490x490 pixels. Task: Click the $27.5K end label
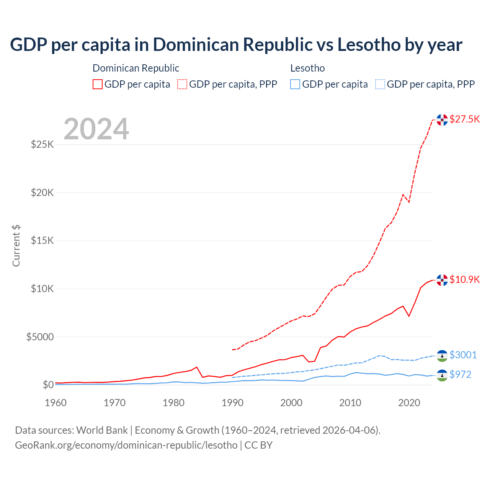464,119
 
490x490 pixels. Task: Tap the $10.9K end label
464,279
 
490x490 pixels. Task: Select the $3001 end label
463,355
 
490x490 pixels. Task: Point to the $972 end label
460,374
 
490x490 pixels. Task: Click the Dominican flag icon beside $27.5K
442,120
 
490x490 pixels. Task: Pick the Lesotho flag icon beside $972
442,375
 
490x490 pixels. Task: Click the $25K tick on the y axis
42,145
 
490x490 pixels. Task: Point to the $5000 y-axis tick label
40,337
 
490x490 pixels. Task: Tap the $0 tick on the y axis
48,385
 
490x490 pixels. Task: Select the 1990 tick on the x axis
232,403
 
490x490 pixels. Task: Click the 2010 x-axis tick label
350,403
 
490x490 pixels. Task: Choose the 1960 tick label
56,403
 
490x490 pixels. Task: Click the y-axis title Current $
16,246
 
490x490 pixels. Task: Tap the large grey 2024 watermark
96,129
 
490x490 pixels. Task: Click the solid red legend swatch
98,84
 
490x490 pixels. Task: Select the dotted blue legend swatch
381,84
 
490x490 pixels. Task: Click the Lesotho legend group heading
307,68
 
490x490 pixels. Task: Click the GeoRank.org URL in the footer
126,445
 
